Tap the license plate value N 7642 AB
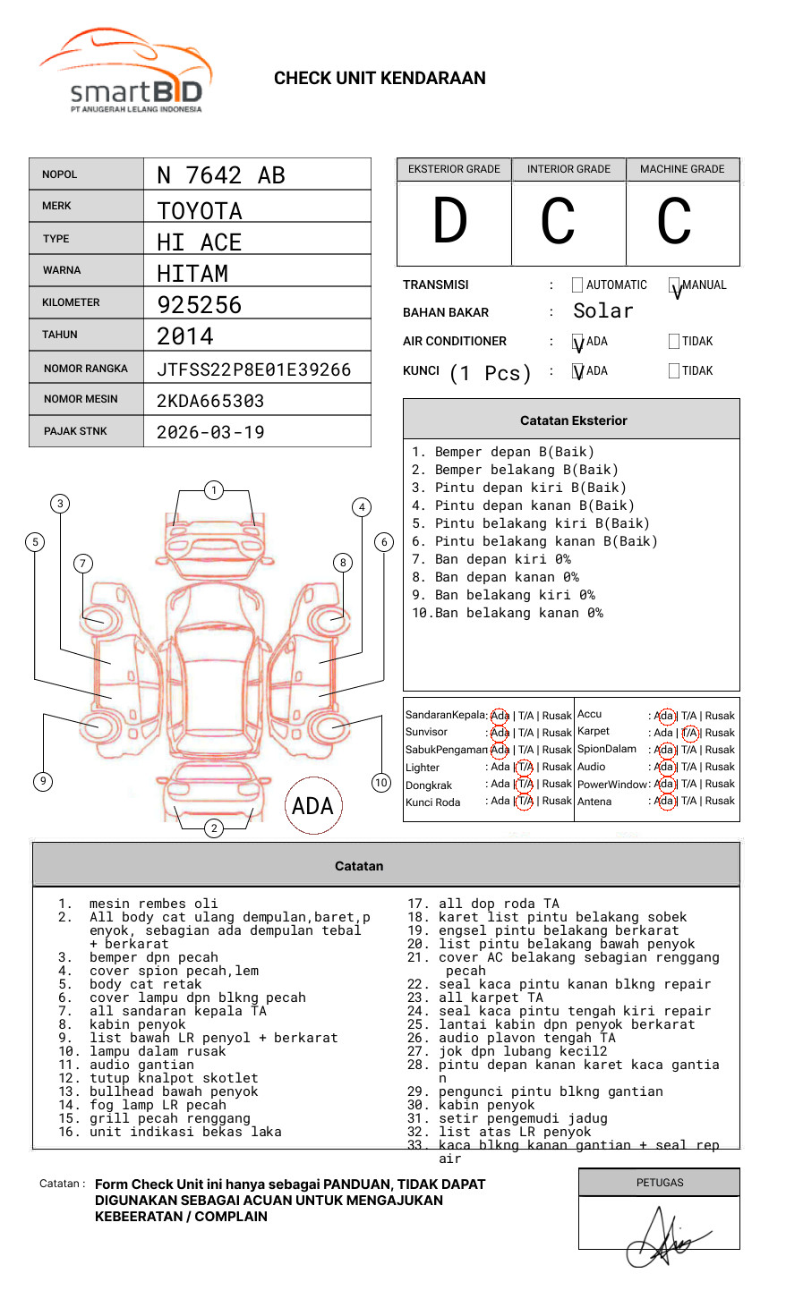pyautogui.click(x=221, y=175)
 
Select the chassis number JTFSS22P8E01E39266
pyautogui.click(x=253, y=369)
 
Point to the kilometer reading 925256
pyautogui.click(x=200, y=305)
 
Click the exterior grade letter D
pyautogui.click(x=450, y=221)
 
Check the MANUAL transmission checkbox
pyautogui.click(x=674, y=285)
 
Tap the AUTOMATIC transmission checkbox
pyautogui.click(x=577, y=285)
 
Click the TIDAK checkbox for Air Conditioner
pyautogui.click(x=674, y=341)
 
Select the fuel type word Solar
pyautogui.click(x=602, y=311)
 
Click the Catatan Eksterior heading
pyautogui.click(x=573, y=420)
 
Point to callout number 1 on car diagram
pyautogui.click(x=213, y=489)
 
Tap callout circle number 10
pyautogui.click(x=381, y=783)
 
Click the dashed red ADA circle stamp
pyautogui.click(x=312, y=805)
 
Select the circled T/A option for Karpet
pyautogui.click(x=689, y=733)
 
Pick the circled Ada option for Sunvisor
pyautogui.click(x=500, y=733)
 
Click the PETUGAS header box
pyautogui.click(x=660, y=1183)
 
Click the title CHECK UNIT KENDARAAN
pyautogui.click(x=380, y=78)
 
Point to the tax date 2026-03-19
pyautogui.click(x=210, y=432)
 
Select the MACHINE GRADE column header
pyautogui.click(x=682, y=169)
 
